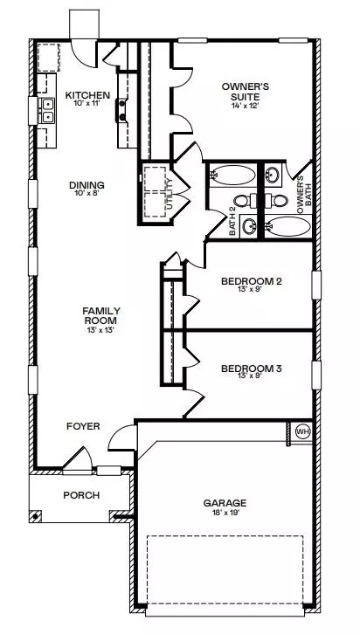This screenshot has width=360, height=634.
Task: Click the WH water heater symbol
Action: tap(303, 431)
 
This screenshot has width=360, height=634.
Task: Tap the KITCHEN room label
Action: tap(87, 95)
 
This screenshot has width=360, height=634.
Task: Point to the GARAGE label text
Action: tap(225, 503)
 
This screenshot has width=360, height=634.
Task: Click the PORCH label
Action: tap(81, 495)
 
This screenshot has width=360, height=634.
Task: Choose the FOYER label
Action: tap(83, 426)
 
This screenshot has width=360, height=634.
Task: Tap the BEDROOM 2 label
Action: tap(251, 281)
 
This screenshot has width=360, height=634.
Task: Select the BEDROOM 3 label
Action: tap(251, 369)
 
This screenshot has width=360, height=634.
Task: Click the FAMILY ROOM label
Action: tap(101, 315)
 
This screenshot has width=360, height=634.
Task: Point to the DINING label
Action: tap(87, 185)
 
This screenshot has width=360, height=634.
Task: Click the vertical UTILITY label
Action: tap(170, 194)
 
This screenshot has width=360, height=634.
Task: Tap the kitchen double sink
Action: tap(48, 111)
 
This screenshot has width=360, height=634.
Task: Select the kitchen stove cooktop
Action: tap(121, 110)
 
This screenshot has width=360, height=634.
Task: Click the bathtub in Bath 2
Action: tap(232, 176)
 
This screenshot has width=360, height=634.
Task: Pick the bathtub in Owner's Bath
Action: tap(288, 226)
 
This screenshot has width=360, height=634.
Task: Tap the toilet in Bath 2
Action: tap(245, 201)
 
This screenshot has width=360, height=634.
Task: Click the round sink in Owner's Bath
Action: tap(273, 176)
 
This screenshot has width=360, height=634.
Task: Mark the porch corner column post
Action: tap(36, 516)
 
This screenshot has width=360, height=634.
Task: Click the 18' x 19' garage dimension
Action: tap(225, 512)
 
